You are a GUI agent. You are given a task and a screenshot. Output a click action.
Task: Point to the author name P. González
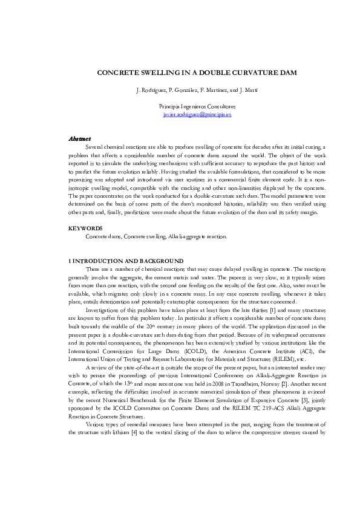point(180,90)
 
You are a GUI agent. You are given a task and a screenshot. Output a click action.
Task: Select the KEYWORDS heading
point(85,229)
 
